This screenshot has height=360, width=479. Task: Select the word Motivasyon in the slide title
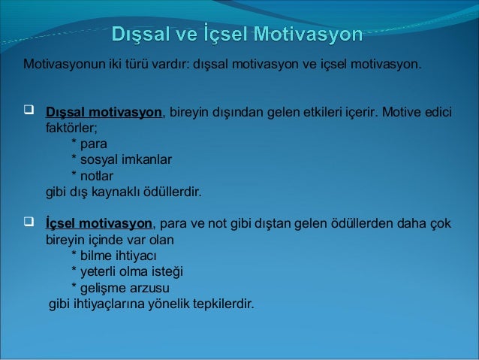pyautogui.click(x=308, y=35)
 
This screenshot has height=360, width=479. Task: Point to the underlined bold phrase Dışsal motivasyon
pyautogui.click(x=104, y=113)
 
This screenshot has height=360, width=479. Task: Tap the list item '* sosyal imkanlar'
pyautogui.click(x=120, y=160)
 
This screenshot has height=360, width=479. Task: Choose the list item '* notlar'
pyautogui.click(x=92, y=176)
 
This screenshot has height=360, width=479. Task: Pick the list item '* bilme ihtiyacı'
pyautogui.click(x=113, y=256)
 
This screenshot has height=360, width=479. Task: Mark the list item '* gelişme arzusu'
pyautogui.click(x=119, y=289)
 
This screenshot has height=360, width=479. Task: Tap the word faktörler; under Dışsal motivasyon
pyautogui.click(x=67, y=129)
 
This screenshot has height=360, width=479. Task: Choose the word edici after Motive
pyautogui.click(x=437, y=113)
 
